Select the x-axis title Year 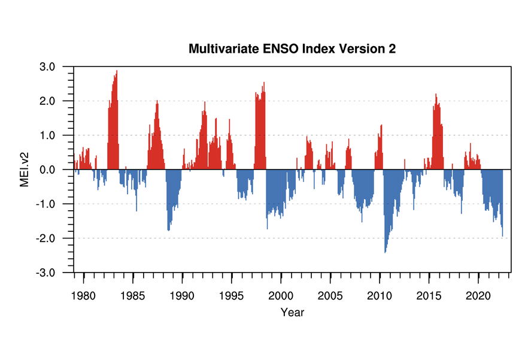(x=292, y=312)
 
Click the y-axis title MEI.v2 (x=25, y=170)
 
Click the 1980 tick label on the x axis (x=84, y=295)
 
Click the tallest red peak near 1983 (x=117, y=72)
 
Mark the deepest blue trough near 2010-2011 (x=385, y=251)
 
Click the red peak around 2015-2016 (x=436, y=95)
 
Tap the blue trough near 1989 (x=169, y=229)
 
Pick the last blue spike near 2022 (x=502, y=235)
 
